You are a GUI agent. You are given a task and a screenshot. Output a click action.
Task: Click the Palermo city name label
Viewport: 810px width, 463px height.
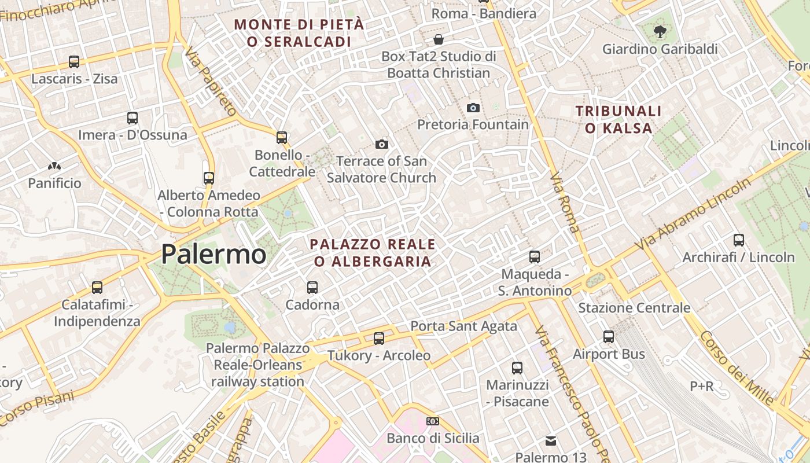pyautogui.click(x=213, y=255)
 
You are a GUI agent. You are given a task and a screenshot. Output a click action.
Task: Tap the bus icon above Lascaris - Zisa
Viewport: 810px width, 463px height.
pyautogui.click(x=73, y=61)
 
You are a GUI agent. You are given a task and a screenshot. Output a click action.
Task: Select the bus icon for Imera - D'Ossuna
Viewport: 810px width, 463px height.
pyautogui.click(x=132, y=118)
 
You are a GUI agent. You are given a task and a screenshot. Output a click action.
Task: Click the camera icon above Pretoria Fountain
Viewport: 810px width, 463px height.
pyautogui.click(x=473, y=108)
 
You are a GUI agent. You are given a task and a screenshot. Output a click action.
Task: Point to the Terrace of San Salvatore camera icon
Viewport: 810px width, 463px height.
pyautogui.click(x=381, y=144)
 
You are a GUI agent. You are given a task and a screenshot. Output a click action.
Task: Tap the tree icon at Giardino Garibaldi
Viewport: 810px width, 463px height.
pyautogui.click(x=659, y=31)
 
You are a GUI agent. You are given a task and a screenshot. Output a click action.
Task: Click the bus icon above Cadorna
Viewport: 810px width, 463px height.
pyautogui.click(x=312, y=287)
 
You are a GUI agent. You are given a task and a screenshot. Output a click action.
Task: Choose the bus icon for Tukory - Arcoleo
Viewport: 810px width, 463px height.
pyautogui.click(x=379, y=338)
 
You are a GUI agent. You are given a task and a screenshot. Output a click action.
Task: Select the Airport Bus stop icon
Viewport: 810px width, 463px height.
pyautogui.click(x=609, y=336)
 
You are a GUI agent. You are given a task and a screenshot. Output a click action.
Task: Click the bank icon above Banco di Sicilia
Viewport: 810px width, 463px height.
pyautogui.click(x=433, y=421)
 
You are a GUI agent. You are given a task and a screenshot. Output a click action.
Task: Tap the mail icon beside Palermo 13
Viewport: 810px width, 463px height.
pyautogui.click(x=551, y=441)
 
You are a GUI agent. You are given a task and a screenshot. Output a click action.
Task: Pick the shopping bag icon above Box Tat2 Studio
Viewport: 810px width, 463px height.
pyautogui.click(x=439, y=39)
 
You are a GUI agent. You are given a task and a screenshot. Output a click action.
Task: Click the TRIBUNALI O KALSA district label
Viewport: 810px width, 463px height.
pyautogui.click(x=618, y=119)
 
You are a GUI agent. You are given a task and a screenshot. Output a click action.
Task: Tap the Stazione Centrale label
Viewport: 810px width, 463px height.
pyautogui.click(x=634, y=308)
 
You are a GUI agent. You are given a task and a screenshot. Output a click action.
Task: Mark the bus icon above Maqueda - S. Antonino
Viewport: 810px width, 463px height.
pyautogui.click(x=535, y=256)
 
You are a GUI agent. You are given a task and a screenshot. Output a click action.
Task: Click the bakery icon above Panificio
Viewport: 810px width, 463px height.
pyautogui.click(x=54, y=166)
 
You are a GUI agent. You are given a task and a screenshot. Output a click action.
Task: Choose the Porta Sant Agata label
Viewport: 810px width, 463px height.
pyautogui.click(x=463, y=326)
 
